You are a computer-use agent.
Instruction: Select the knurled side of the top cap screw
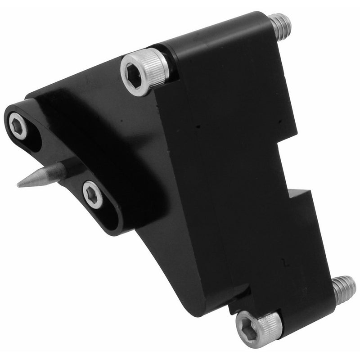[x=157, y=67]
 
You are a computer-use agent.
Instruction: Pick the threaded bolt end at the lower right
[x=344, y=288]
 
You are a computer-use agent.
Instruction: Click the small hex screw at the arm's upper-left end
[x=18, y=126]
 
